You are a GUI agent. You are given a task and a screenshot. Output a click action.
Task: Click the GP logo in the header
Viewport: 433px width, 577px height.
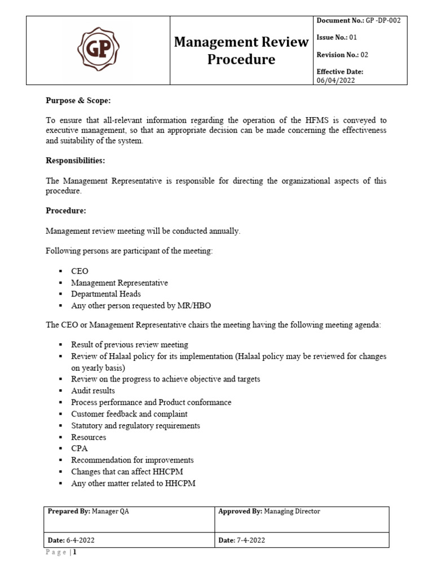(98, 50)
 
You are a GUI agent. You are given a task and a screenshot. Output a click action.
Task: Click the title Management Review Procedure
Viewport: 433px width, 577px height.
(241, 50)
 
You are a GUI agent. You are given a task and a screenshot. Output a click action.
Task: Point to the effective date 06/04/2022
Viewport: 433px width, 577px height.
(335, 81)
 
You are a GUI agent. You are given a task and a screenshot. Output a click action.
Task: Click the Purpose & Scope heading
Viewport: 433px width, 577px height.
(78, 100)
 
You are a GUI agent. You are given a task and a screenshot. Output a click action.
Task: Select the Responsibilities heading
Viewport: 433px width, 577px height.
(76, 161)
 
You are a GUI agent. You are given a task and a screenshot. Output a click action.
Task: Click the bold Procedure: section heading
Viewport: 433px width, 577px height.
(65, 210)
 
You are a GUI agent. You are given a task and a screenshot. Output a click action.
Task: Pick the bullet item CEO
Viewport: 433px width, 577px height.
(79, 271)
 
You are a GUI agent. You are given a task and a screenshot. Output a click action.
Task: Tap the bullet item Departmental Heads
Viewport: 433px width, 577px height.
(106, 294)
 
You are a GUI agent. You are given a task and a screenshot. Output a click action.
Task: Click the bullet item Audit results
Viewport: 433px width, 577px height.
(93, 390)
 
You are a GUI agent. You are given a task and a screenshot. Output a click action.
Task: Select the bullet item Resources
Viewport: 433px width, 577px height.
(89, 437)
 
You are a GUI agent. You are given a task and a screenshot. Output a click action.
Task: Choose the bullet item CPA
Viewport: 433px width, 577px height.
(79, 449)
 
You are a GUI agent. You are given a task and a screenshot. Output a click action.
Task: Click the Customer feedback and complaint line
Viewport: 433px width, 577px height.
(129, 414)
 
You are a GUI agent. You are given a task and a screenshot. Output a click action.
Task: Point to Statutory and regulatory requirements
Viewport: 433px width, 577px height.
(135, 425)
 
